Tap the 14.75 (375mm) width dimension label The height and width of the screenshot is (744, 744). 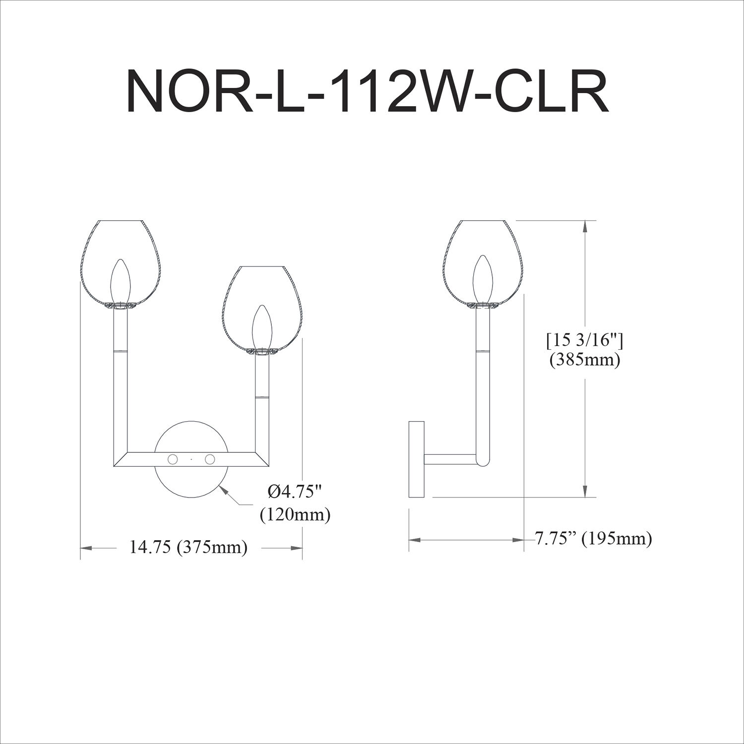[x=188, y=548]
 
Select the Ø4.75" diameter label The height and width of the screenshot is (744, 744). [x=295, y=492]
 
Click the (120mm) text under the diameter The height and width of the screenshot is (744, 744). [x=295, y=515]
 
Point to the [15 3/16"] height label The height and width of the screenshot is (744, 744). [x=585, y=341]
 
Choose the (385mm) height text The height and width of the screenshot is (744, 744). [x=585, y=360]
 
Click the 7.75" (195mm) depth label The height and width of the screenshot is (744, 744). [x=593, y=538]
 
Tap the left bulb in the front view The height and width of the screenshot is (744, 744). [x=121, y=281]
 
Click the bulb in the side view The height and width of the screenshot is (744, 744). [x=483, y=278]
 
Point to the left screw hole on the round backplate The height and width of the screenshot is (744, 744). [x=173, y=459]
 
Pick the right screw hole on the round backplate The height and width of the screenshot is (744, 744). [x=210, y=459]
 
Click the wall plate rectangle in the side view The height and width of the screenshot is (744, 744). [x=416, y=459]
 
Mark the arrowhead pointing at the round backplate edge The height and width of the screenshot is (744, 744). [x=224, y=490]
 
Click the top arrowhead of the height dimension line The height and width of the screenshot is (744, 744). [x=586, y=226]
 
